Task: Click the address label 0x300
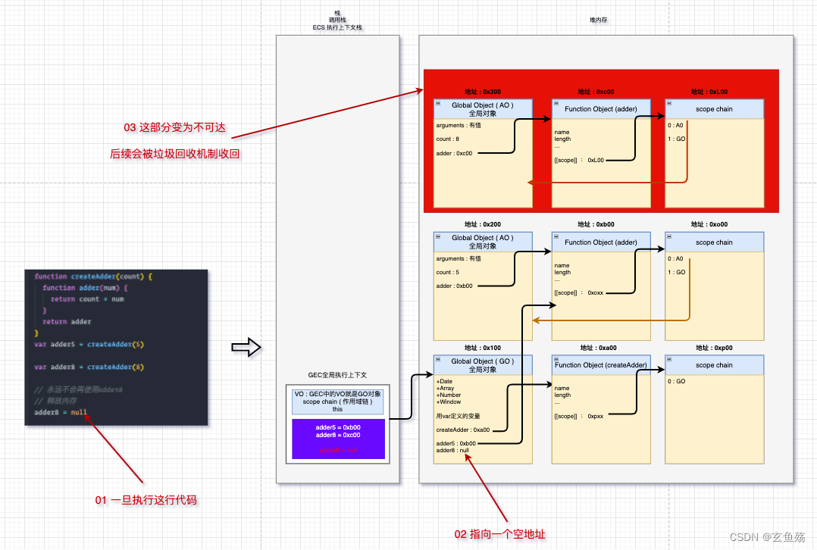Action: tap(482, 92)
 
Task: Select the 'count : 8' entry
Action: tap(448, 139)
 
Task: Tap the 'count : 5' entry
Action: tap(448, 272)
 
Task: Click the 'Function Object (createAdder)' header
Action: tap(600, 365)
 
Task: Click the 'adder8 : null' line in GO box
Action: tap(452, 450)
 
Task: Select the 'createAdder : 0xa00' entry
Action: tap(463, 430)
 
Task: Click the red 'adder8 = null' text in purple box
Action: tap(339, 450)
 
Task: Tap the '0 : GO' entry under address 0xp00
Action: tap(677, 381)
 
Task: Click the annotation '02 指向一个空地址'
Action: tap(499, 534)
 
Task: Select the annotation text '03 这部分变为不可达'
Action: tap(174, 127)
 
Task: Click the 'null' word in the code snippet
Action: tap(80, 412)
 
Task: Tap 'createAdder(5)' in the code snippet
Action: tap(115, 344)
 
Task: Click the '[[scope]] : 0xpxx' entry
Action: tap(579, 416)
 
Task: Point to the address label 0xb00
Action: tap(595, 224)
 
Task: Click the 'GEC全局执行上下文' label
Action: tap(337, 375)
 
